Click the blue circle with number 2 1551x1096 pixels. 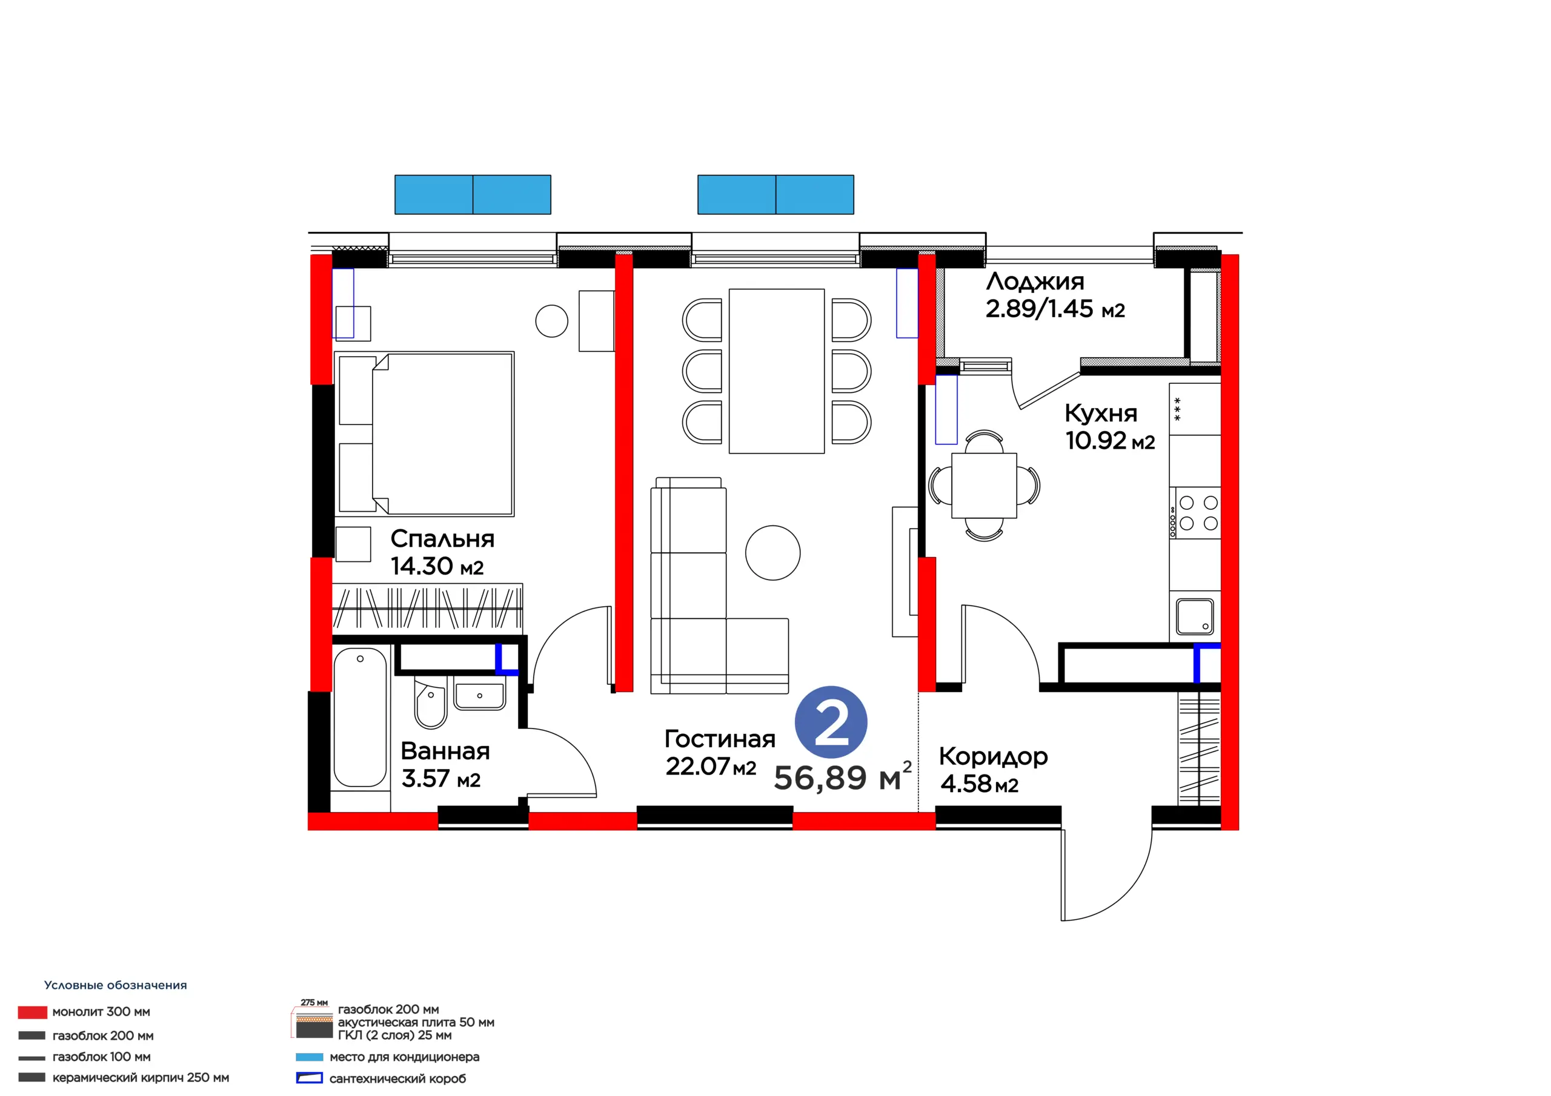point(831,722)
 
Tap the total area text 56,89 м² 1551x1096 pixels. point(843,777)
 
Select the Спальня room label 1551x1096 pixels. point(442,539)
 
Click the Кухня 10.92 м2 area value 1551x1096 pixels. point(1110,441)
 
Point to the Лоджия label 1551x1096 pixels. point(1035,282)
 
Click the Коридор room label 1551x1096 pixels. point(993,757)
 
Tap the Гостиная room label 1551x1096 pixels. point(720,739)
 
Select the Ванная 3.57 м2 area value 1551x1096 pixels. point(440,779)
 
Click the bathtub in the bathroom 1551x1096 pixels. point(360,717)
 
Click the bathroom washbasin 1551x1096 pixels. point(480,696)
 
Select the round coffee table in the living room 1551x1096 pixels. point(773,552)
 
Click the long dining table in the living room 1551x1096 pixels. point(777,371)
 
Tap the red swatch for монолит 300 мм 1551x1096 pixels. point(33,1012)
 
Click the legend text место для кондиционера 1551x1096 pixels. point(404,1057)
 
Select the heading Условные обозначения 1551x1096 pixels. point(116,985)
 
